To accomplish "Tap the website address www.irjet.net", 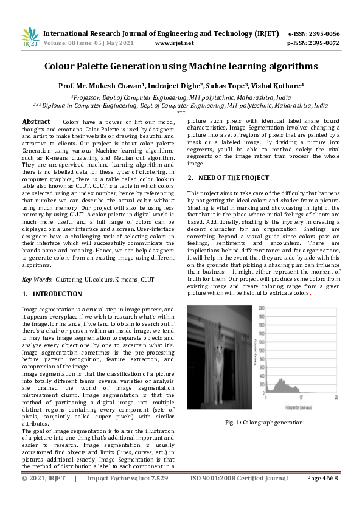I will coord(175,43).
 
